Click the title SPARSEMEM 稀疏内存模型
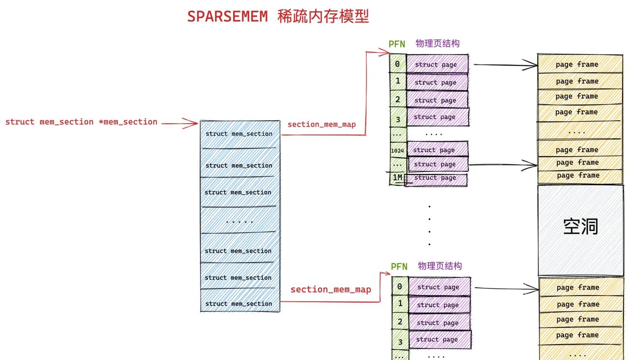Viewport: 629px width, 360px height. [x=278, y=16]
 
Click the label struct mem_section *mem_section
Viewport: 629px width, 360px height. [x=81, y=122]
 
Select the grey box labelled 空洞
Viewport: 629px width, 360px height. [x=580, y=229]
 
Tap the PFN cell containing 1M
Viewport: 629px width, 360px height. [x=397, y=177]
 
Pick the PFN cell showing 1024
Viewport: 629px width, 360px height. [x=397, y=150]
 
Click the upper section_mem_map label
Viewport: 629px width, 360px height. [x=321, y=125]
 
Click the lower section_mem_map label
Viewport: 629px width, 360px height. [x=330, y=290]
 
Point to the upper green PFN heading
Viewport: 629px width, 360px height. [x=397, y=44]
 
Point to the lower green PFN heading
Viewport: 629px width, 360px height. [x=399, y=267]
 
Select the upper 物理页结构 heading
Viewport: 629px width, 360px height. [x=437, y=43]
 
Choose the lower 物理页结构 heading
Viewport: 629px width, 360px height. [x=440, y=266]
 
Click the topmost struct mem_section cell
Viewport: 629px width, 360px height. [x=239, y=134]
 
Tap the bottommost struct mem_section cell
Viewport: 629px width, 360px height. [x=240, y=304]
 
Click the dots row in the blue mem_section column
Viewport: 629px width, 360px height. [x=239, y=222]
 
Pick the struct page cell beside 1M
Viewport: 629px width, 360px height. [x=435, y=178]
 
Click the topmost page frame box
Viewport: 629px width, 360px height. [x=577, y=64]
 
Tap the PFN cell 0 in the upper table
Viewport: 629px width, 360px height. [x=397, y=64]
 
